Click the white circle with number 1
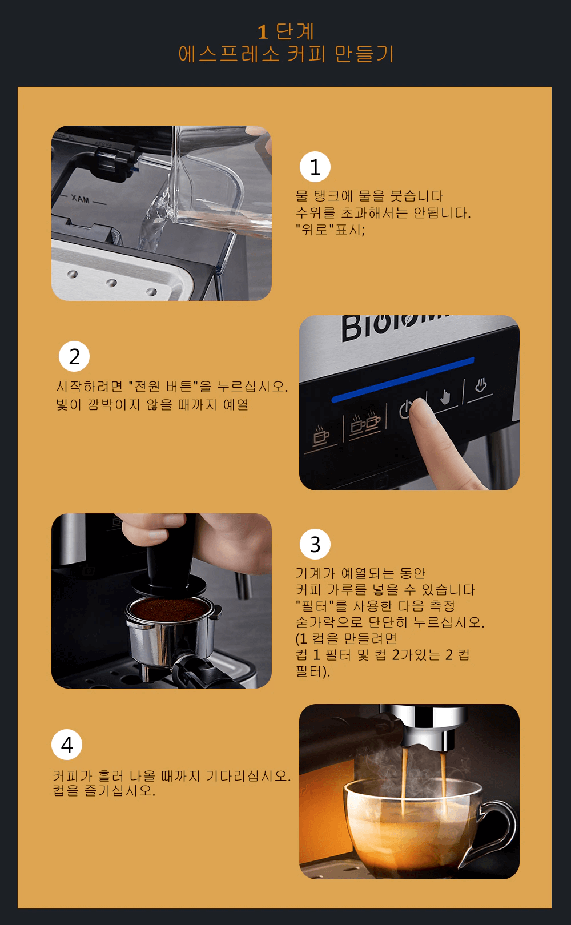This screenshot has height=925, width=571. click(x=315, y=167)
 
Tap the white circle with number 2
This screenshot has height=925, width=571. click(x=74, y=356)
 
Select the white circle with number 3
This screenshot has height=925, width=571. click(x=315, y=544)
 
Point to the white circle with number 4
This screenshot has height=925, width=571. click(x=67, y=745)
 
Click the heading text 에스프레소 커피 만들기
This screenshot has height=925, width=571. click(x=285, y=54)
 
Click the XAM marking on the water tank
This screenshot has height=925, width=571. click(x=81, y=199)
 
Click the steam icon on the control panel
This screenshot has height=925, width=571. click(x=480, y=385)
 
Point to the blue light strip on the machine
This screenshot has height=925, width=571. click(x=403, y=380)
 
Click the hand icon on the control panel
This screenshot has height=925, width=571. click(x=445, y=397)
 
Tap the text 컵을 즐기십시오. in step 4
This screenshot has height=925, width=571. click(x=104, y=790)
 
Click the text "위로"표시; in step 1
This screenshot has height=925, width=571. click(x=331, y=229)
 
